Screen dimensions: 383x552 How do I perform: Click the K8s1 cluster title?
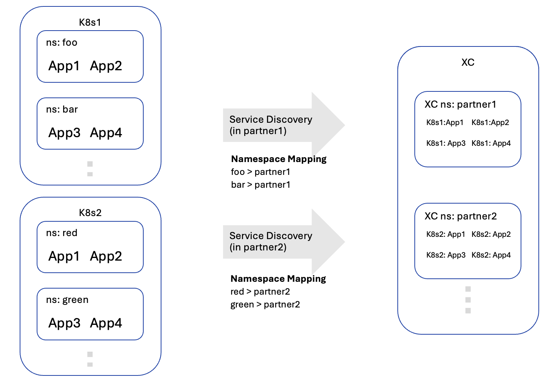coord(90,22)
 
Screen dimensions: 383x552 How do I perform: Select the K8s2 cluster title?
coord(90,213)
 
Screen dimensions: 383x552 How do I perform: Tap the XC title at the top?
coord(468,62)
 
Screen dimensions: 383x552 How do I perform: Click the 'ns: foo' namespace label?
coord(62,43)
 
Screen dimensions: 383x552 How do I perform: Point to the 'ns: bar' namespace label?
coord(62,110)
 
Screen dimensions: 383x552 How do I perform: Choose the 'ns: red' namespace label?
coord(62,233)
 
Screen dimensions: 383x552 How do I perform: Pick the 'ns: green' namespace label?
coord(67,300)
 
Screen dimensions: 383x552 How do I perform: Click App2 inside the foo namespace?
coord(106,66)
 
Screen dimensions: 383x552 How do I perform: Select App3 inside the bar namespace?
coord(64,133)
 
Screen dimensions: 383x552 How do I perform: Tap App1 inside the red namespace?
coord(64,256)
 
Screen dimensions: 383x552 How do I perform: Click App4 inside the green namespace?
coord(106,323)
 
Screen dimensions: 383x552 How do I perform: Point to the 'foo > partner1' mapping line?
coord(260,172)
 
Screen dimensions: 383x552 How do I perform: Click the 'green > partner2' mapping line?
coord(265,304)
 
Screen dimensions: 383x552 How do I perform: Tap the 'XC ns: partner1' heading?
coord(460,105)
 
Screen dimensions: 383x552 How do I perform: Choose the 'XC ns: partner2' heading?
coord(461,216)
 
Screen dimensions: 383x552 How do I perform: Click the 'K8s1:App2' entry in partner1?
coord(490,123)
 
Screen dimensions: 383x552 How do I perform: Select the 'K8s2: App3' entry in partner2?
coord(446,255)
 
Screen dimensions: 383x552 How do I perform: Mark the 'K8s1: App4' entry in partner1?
coord(491,144)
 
